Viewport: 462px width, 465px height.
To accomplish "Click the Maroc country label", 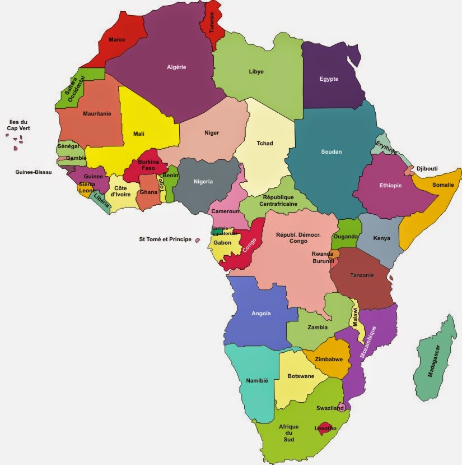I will coord(116,40).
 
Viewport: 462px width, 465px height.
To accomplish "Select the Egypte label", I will coord(329,79).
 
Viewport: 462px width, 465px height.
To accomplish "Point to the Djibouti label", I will coord(427,168).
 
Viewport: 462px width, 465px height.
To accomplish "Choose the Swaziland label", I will coord(329,409).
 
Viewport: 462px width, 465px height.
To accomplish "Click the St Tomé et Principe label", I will coord(165,240).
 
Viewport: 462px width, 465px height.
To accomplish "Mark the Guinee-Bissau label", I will coord(33,172).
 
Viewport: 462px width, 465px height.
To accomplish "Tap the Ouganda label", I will coord(345,237).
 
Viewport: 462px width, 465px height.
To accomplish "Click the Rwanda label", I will coord(323,254).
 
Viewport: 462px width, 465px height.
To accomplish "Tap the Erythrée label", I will coord(386,148).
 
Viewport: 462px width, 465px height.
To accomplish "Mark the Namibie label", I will coord(257,381).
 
